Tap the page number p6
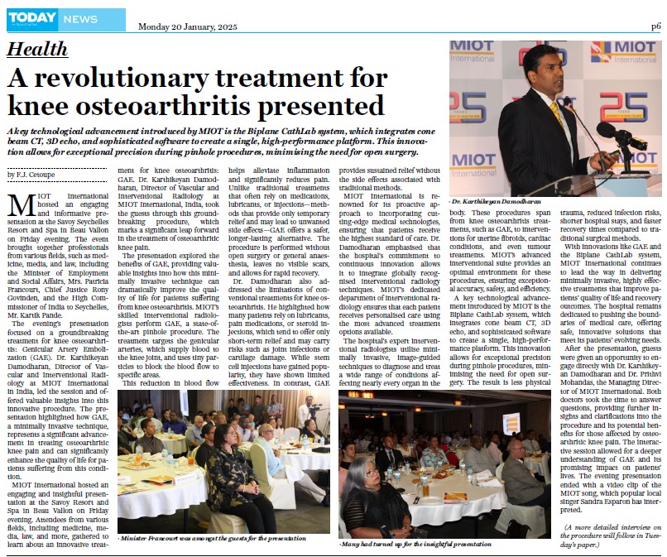tap(655, 26)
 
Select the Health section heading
tap(37, 50)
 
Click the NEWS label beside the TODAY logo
tap(81, 18)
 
